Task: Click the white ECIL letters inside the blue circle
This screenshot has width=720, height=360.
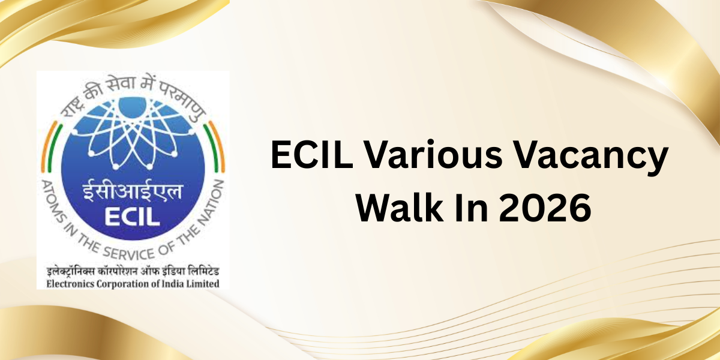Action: pyautogui.click(x=132, y=215)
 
